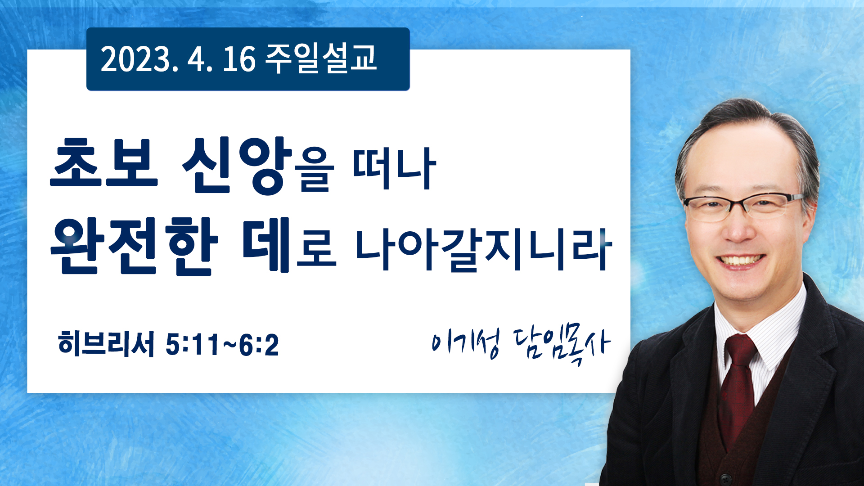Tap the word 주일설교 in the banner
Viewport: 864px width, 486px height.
click(321, 58)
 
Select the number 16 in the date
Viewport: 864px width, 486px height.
click(239, 59)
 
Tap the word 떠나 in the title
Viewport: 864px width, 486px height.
click(394, 168)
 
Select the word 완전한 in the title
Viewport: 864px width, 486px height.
click(134, 246)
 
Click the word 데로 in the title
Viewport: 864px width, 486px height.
click(289, 245)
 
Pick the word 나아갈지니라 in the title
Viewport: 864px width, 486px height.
click(484, 249)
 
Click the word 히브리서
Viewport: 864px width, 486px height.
click(106, 344)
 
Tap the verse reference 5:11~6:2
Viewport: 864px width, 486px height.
click(222, 345)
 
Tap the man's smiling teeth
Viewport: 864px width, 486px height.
click(740, 260)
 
